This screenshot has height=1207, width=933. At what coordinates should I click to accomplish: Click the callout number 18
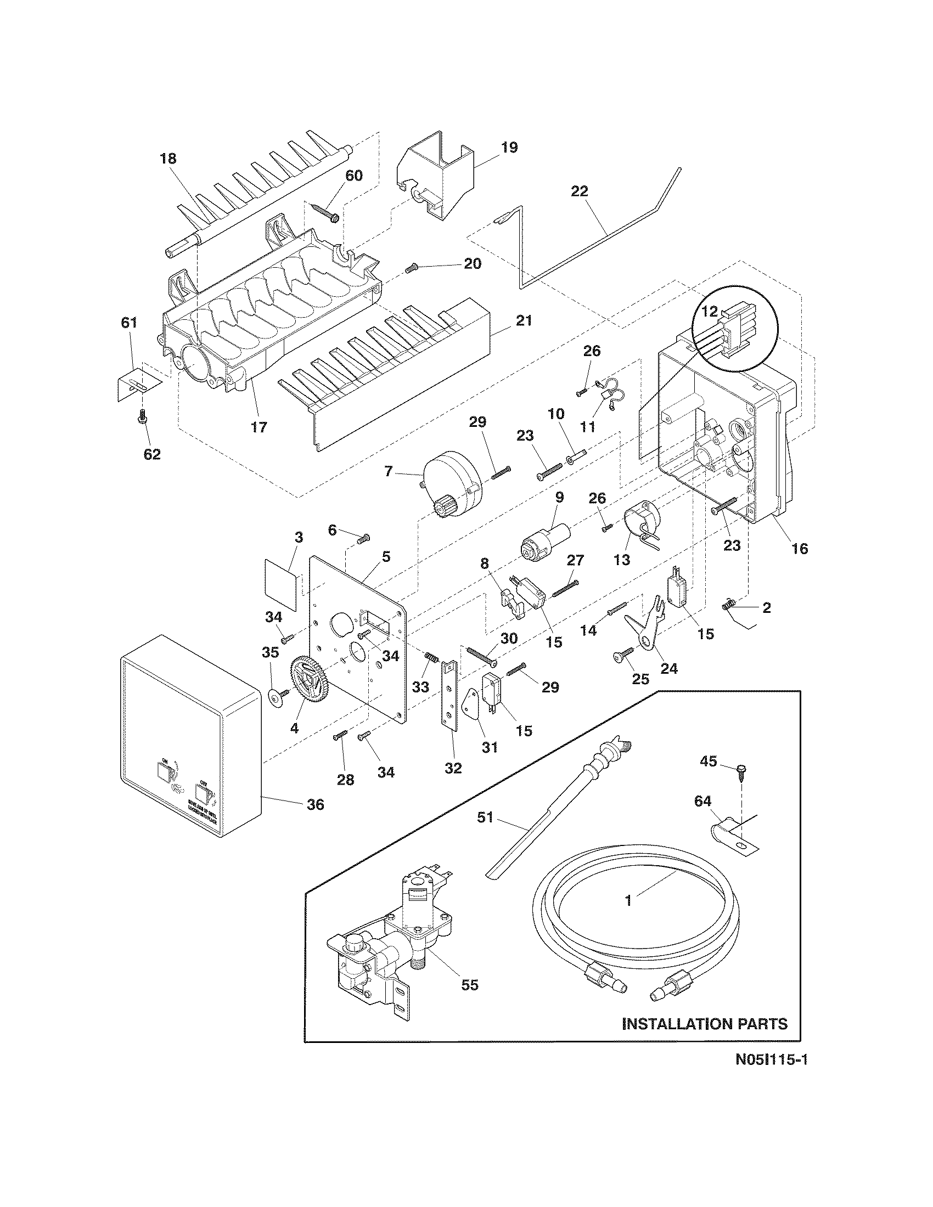168,159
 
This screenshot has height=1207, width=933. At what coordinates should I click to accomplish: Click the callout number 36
315,805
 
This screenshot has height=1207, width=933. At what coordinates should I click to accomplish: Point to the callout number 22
580,191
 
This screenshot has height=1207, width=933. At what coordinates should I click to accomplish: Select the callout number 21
524,320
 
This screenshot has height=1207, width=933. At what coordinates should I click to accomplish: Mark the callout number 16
800,549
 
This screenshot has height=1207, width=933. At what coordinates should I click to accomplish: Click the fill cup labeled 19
437,177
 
